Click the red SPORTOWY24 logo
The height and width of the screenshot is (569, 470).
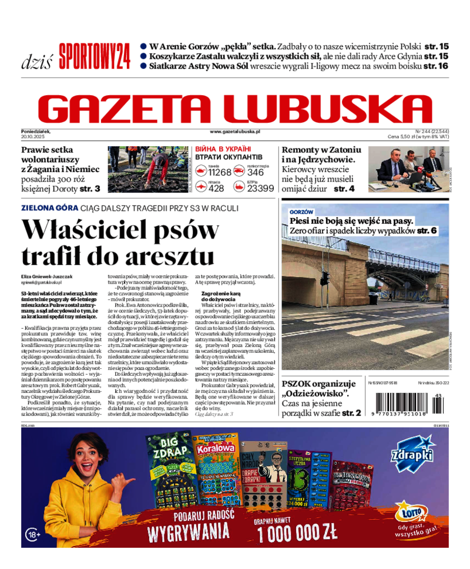(x=95, y=56)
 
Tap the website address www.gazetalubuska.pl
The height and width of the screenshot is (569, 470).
(x=235, y=133)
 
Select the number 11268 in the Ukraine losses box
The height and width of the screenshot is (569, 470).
(x=220, y=172)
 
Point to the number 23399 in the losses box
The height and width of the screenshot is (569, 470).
(x=260, y=188)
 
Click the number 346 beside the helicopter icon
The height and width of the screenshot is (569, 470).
(x=256, y=172)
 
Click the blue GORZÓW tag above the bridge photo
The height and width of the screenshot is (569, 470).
(x=301, y=211)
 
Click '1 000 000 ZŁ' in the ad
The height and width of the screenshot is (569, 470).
(x=297, y=531)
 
